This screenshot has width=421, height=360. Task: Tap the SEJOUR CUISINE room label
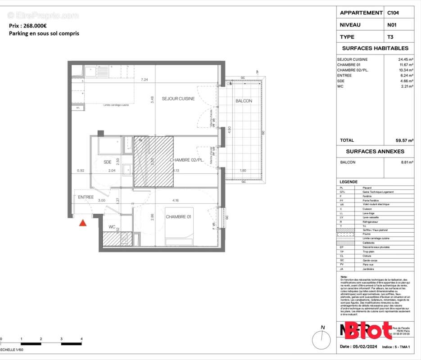(x=178, y=99)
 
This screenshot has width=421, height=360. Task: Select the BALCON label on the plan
(x=244, y=101)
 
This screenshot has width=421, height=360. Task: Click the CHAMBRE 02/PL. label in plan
(x=186, y=160)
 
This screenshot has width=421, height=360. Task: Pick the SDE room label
(x=108, y=162)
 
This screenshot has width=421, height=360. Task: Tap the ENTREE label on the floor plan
(x=86, y=197)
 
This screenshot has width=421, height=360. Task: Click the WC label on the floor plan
(x=112, y=227)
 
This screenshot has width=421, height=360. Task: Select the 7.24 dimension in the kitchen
(x=145, y=80)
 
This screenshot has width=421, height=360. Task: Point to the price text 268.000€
(x=36, y=26)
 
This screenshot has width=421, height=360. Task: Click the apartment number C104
(x=393, y=13)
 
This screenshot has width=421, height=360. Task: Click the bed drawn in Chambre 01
(x=179, y=226)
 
